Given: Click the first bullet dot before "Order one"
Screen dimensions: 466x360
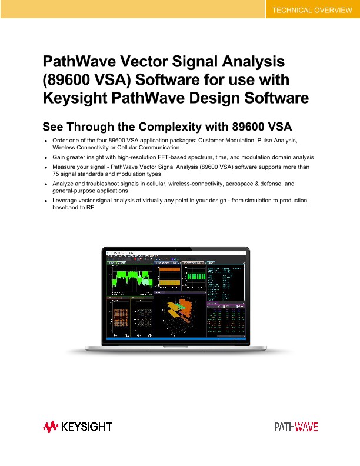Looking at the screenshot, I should click(46, 141).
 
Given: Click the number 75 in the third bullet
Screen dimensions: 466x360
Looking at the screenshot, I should click(56, 175).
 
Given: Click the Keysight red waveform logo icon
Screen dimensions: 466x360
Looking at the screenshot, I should click(51, 425).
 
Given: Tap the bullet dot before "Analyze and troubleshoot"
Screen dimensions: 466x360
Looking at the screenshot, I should click(46, 184).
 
